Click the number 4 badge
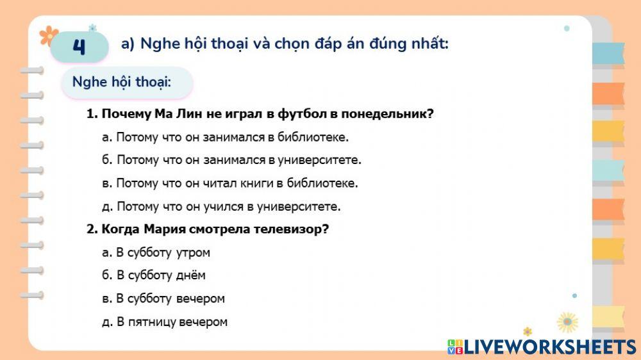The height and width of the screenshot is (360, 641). click(x=79, y=46)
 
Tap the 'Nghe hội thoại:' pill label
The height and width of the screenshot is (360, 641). click(x=127, y=82)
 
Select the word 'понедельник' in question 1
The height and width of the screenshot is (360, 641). click(x=387, y=114)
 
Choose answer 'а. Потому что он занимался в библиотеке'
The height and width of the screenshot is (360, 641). click(x=225, y=137)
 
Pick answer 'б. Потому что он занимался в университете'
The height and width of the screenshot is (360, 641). click(x=232, y=160)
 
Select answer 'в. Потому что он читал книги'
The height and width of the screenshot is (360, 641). click(x=230, y=183)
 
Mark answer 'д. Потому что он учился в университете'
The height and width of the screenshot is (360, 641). click(x=221, y=206)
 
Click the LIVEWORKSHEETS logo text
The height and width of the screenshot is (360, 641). click(x=542, y=347)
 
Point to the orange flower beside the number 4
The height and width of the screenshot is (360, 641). click(x=49, y=35)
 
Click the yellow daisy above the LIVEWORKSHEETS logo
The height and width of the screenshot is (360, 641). click(x=567, y=322)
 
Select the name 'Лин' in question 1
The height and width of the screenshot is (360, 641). click(x=189, y=114)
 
